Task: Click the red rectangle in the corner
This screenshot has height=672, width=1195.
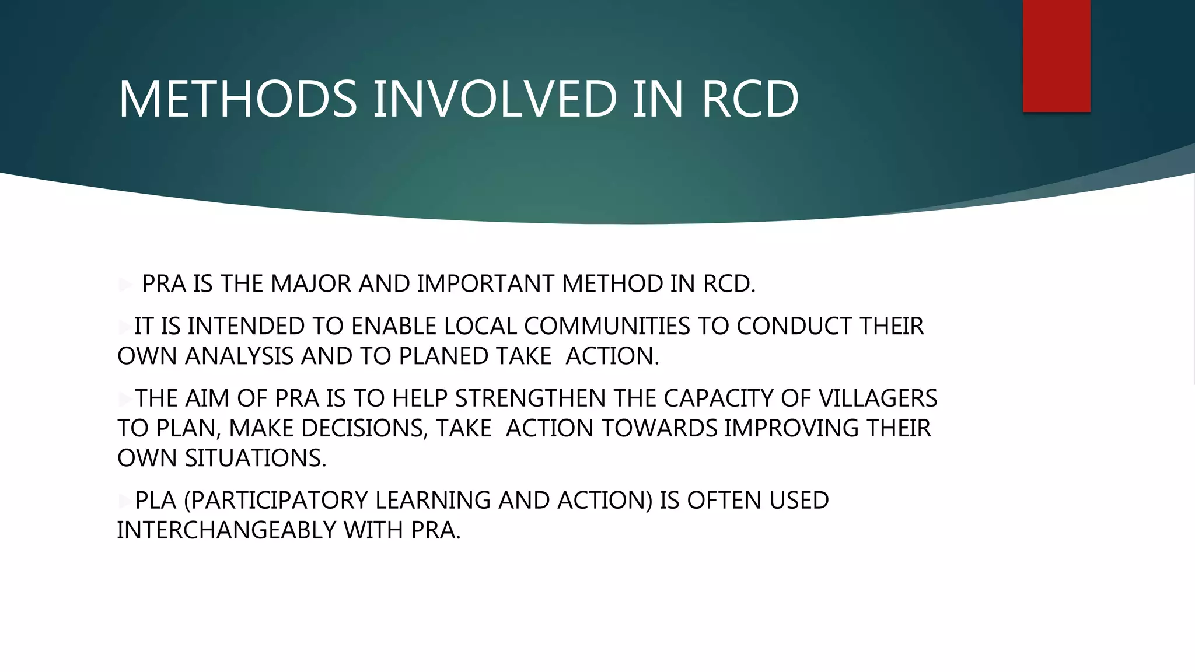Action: tap(1056, 55)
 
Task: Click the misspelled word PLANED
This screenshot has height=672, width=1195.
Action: tap(443, 356)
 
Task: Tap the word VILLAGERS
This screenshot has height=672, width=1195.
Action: tap(878, 398)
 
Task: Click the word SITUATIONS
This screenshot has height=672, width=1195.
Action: tap(256, 458)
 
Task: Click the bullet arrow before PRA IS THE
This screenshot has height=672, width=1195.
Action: tap(125, 285)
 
